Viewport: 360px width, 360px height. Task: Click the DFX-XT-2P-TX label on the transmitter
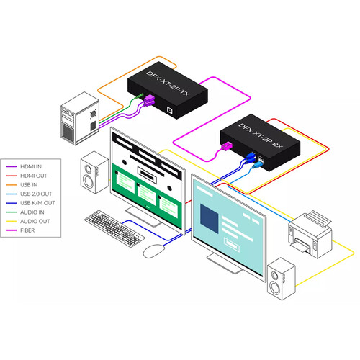click(168, 84)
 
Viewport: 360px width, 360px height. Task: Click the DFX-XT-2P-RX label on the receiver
click(261, 136)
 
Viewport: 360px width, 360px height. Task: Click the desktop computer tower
click(80, 118)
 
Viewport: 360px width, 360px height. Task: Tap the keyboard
click(114, 228)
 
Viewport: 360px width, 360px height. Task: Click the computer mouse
click(154, 251)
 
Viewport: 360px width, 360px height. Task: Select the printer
click(310, 234)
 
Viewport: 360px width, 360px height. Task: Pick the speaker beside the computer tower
click(94, 172)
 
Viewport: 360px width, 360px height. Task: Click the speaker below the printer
click(282, 279)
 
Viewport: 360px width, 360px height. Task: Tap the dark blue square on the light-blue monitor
click(210, 219)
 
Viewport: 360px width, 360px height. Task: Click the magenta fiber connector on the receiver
click(227, 146)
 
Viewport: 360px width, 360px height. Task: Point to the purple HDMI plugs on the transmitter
click(149, 100)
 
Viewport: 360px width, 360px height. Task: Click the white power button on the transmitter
click(170, 109)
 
